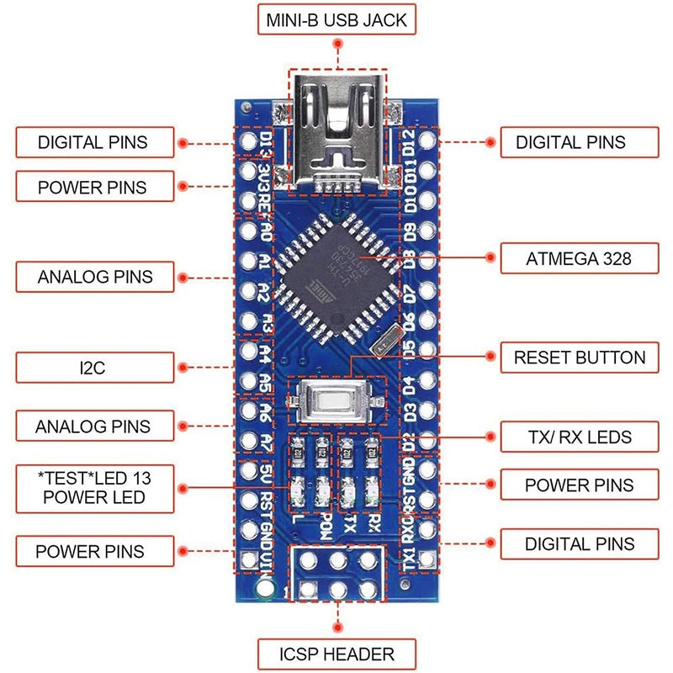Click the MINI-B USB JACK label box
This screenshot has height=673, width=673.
click(336, 20)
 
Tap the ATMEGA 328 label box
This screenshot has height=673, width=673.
click(578, 259)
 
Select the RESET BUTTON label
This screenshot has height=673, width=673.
click(579, 357)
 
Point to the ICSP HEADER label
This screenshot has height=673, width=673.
click(336, 653)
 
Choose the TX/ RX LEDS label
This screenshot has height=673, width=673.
click(578, 437)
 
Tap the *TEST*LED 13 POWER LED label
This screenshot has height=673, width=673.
click(94, 487)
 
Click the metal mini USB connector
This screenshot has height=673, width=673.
click(337, 130)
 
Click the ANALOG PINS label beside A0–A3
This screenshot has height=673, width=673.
click(94, 276)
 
